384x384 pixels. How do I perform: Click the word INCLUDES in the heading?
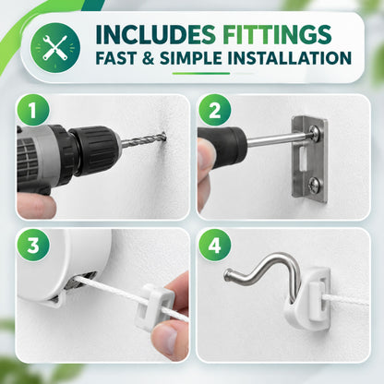point(155,34)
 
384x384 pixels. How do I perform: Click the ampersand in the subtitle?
point(149,58)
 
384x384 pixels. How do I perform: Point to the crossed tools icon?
point(55,48)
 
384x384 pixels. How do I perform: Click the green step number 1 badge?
point(33,110)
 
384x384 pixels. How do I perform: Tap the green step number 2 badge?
point(214,110)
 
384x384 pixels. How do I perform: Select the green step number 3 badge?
point(33,245)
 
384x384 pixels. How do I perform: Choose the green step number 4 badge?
point(214,245)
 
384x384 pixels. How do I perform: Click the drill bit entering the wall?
point(143,139)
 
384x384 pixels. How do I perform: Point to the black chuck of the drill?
point(96,150)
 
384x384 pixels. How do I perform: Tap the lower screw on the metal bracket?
point(316,186)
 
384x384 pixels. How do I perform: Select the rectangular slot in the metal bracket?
point(303,159)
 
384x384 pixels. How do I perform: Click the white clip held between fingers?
point(155,306)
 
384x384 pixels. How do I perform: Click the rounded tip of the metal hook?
point(228,273)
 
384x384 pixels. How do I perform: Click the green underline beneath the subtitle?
point(201,74)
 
